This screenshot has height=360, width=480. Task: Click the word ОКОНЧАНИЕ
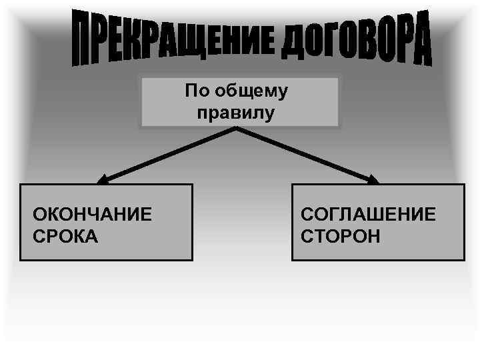click(93, 215)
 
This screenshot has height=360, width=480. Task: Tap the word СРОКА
click(65, 236)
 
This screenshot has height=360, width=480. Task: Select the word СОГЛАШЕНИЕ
click(368, 215)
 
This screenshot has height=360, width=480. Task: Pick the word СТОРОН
click(341, 236)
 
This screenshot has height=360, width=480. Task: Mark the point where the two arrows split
click(237, 129)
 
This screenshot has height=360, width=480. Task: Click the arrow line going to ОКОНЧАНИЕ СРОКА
click(170, 154)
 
